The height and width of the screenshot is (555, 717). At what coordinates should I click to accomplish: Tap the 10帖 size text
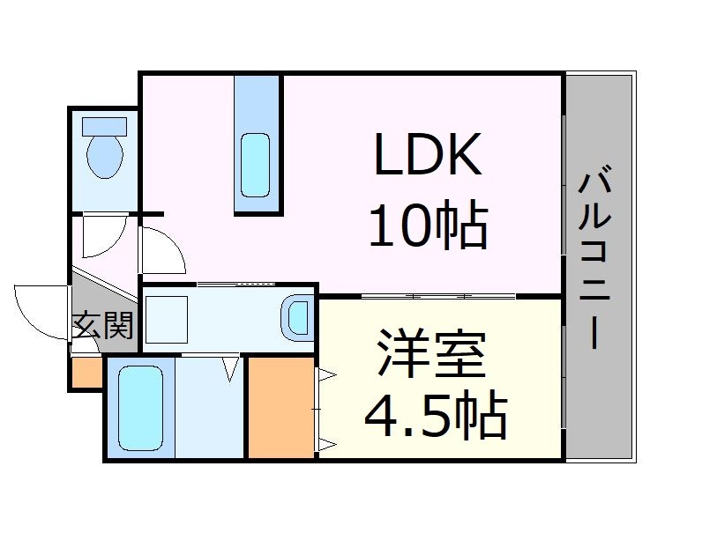pyautogui.click(x=428, y=226)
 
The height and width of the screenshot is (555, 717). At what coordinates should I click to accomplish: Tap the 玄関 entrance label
pyautogui.click(x=102, y=326)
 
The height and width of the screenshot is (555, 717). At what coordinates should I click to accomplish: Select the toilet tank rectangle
pyautogui.click(x=104, y=126)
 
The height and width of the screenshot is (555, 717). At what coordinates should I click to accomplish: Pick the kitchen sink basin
pyautogui.click(x=256, y=165)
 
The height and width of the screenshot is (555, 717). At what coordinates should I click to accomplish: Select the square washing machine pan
pyautogui.click(x=167, y=319)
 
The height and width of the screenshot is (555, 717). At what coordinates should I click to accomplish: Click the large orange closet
pyautogui.click(x=280, y=406)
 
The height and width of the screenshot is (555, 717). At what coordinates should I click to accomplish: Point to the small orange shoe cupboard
pyautogui.click(x=86, y=373)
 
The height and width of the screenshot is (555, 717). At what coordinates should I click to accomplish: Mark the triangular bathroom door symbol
pyautogui.click(x=231, y=367)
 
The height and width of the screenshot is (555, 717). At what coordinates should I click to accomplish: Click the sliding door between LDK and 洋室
pyautogui.click(x=438, y=294)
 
